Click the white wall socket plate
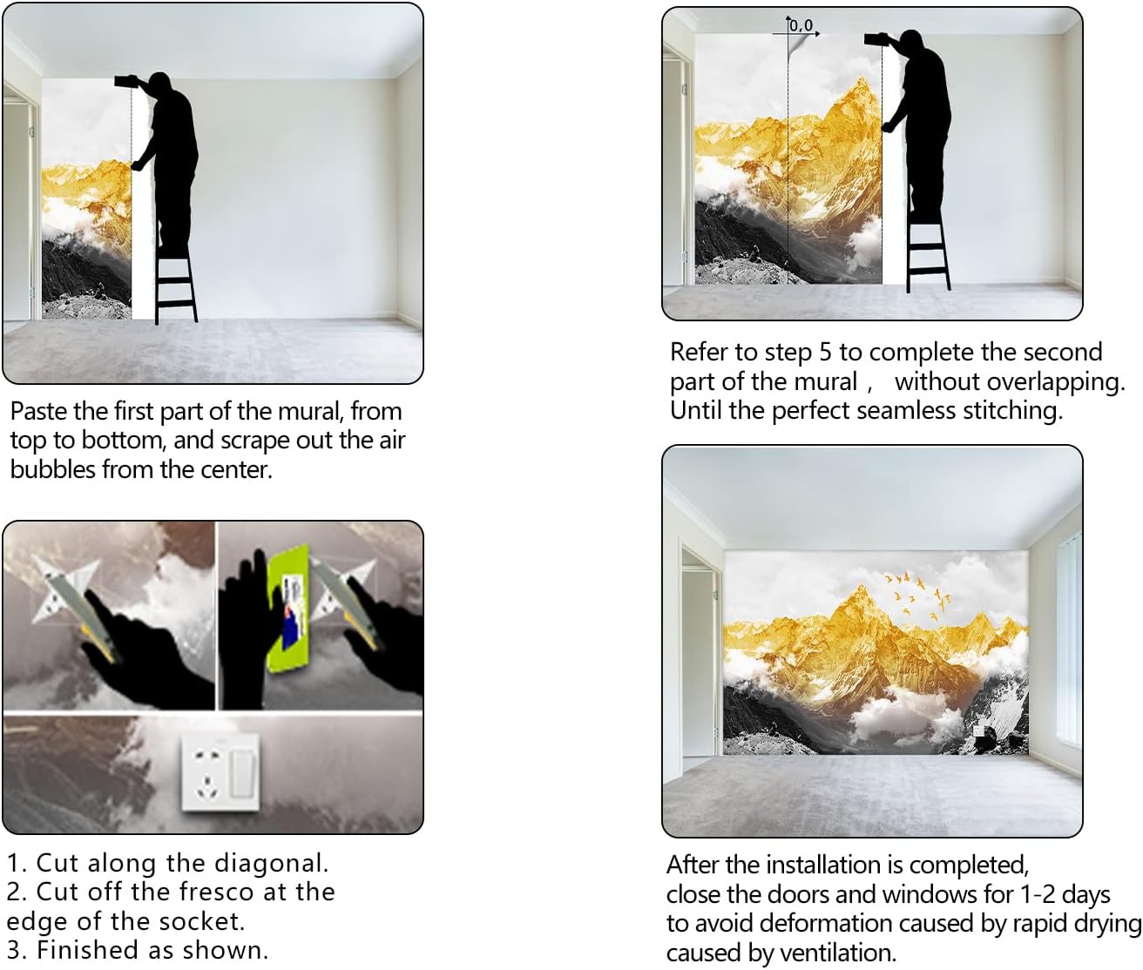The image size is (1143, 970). (x=220, y=772)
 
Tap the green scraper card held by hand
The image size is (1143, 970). (x=288, y=608)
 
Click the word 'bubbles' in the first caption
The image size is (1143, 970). (x=53, y=469)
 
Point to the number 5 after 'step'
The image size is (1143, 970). (x=824, y=352)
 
